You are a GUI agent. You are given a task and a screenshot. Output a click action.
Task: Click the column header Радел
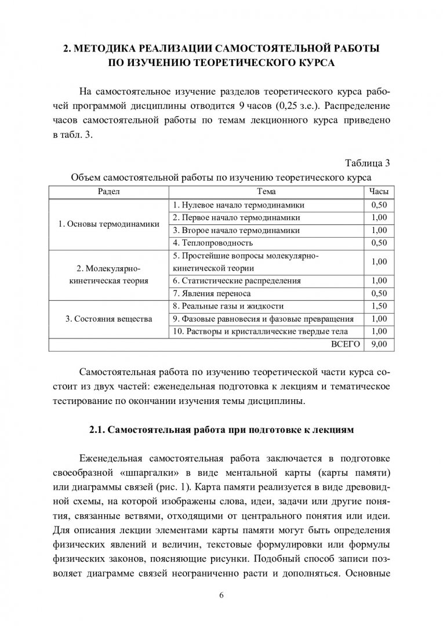108,192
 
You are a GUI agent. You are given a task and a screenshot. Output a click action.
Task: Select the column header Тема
266,192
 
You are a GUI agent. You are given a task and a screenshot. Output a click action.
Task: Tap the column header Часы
379,192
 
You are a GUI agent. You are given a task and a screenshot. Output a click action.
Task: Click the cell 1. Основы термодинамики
108,224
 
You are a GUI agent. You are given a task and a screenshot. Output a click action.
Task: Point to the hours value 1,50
379,306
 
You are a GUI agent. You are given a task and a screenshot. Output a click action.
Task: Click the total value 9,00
379,344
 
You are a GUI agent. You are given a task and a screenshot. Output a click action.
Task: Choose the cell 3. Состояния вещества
108,319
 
